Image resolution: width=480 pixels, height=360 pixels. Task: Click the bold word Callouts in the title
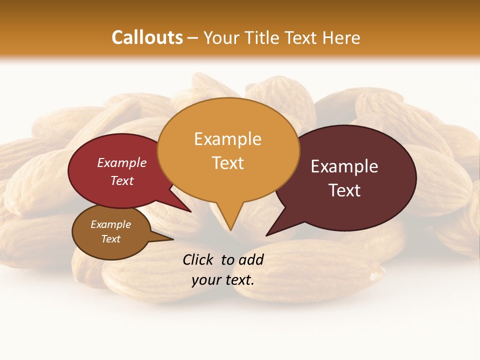coord(147,37)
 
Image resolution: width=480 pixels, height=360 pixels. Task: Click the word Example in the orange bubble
coord(227,139)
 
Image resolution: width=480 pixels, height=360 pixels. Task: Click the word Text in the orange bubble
coord(227,163)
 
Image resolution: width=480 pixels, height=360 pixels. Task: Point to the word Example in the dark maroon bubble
coord(344,166)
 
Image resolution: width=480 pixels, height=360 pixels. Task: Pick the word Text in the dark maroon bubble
coord(344,190)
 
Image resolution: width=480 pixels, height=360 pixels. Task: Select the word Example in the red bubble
coord(122,162)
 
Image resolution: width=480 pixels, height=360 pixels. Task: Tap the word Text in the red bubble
coord(122,180)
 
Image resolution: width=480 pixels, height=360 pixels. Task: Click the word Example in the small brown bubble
coord(110,224)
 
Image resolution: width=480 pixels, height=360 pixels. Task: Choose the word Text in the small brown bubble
coord(110,239)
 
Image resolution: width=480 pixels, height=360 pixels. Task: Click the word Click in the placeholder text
coord(198,259)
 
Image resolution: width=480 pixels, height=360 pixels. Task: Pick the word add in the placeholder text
coord(251,259)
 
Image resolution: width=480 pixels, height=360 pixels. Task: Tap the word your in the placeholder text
coord(205,280)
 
